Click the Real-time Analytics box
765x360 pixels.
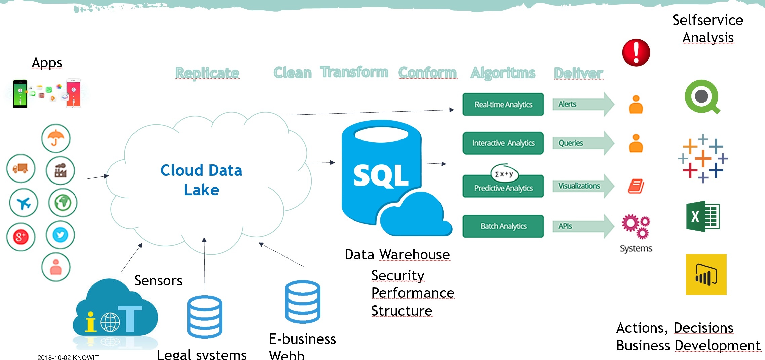pos(503,105)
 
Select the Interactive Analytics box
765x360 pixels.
pos(503,143)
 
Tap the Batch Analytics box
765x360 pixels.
pos(503,226)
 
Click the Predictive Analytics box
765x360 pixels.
pos(503,188)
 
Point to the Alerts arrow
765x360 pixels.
pos(583,104)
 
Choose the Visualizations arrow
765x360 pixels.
pos(583,186)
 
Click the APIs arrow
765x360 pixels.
pos(583,226)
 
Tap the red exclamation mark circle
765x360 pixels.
pos(636,52)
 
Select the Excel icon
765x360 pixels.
pos(702,216)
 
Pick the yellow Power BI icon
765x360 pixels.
pos(706,275)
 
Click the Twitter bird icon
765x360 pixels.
pos(61,235)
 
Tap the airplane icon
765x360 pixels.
pos(24,203)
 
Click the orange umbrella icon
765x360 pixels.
pos(56,138)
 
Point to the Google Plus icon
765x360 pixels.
pos(21,237)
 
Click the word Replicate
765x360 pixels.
pos(207,73)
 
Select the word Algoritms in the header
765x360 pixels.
pos(503,73)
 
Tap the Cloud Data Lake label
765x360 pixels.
pos(201,180)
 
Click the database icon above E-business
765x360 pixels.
pos(303,302)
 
